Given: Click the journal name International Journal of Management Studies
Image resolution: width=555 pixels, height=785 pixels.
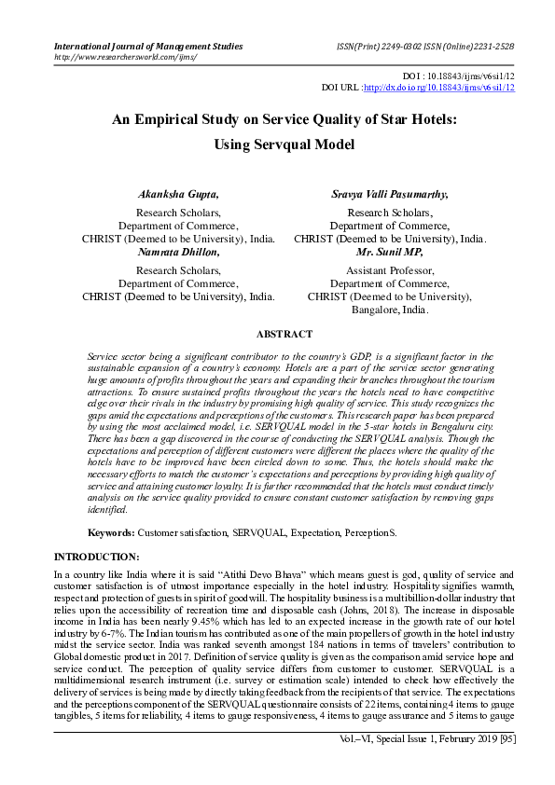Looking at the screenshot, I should coord(149,46).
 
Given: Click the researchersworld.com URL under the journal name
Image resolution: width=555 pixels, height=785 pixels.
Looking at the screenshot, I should coord(126,57).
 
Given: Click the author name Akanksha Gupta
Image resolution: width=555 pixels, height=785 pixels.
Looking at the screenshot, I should coord(178,194).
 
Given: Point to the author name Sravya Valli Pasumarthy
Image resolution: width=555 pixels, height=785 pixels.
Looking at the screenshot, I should coord(390,194).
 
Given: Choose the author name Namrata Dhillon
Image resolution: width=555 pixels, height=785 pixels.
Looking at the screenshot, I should coord(178,252).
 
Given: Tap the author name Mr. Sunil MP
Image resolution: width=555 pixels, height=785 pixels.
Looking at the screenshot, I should coord(390,252).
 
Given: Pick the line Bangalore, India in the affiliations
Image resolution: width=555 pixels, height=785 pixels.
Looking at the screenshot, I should coord(390,310).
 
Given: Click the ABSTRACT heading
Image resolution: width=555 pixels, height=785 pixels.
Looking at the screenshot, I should coord(284,334).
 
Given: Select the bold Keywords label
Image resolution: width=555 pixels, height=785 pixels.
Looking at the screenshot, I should coord(111,531).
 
